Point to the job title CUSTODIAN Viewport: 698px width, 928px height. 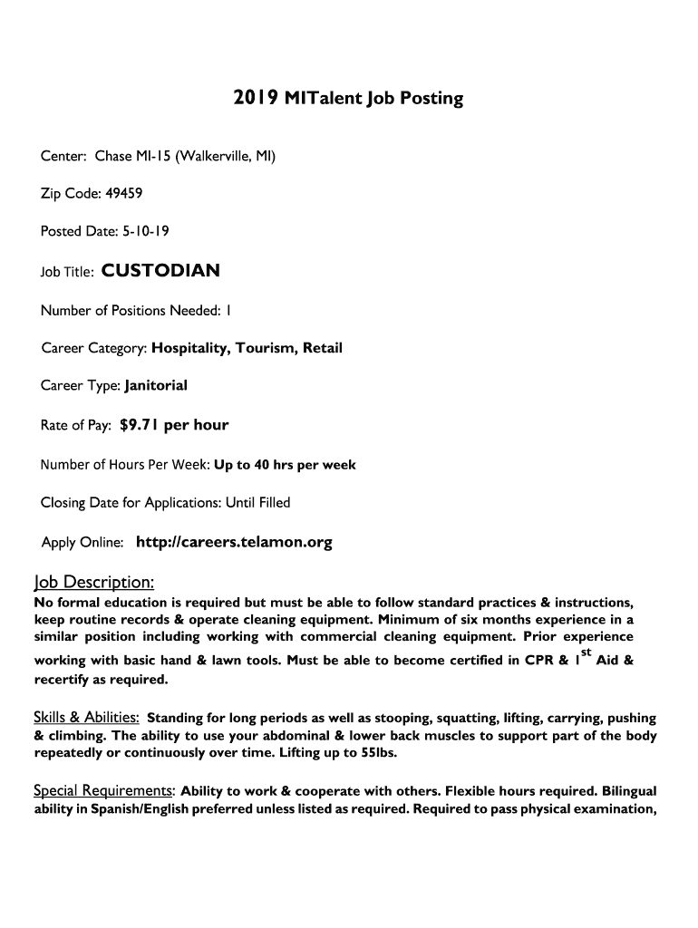tap(160, 270)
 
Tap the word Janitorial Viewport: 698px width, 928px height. tap(156, 385)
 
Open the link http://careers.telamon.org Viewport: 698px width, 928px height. tap(234, 543)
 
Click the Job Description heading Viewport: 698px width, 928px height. tap(94, 581)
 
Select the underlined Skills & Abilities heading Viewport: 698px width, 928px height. tap(86, 718)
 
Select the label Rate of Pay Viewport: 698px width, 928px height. tap(76, 425)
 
